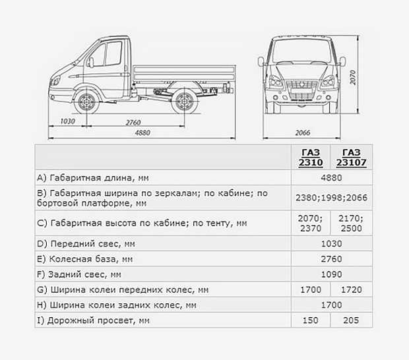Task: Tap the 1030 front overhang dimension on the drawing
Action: pyautogui.click(x=67, y=122)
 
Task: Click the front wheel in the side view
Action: pyautogui.click(x=85, y=102)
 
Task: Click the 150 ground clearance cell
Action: pyautogui.click(x=311, y=320)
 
